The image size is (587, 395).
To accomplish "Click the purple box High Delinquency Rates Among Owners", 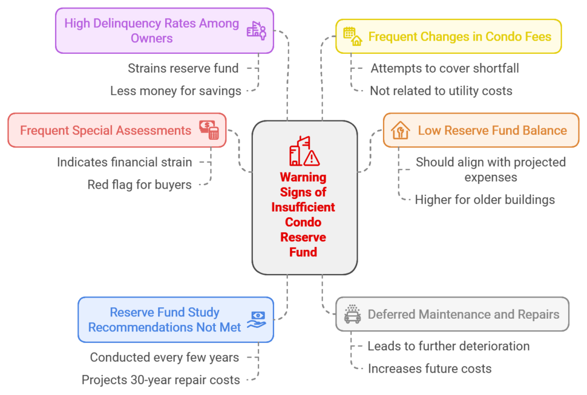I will click(164, 30).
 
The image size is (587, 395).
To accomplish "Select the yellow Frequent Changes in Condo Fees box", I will click(448, 36).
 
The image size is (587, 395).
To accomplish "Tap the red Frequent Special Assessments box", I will click(116, 130).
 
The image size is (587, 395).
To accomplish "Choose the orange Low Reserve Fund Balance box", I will click(481, 130).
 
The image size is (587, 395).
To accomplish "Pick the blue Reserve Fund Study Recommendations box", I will click(175, 319).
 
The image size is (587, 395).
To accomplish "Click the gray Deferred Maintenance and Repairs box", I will click(452, 314).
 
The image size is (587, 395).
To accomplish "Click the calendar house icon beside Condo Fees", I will click(353, 36).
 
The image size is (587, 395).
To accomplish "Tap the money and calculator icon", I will click(209, 130).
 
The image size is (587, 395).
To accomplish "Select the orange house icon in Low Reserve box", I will click(400, 130).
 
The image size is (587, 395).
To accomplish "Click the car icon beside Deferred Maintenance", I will click(352, 314).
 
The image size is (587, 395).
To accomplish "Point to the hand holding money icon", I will click(257, 319).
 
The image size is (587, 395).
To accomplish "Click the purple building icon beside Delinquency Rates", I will click(256, 30).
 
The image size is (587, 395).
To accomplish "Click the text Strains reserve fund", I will click(183, 68).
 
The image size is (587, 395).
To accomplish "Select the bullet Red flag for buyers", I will click(139, 185).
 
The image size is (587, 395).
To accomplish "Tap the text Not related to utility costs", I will click(441, 91).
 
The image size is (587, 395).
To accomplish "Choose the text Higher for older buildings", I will click(485, 200).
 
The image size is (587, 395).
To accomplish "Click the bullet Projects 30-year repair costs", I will click(161, 380).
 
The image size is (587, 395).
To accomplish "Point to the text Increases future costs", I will click(429, 369).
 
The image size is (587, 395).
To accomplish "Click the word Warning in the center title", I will click(303, 177).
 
